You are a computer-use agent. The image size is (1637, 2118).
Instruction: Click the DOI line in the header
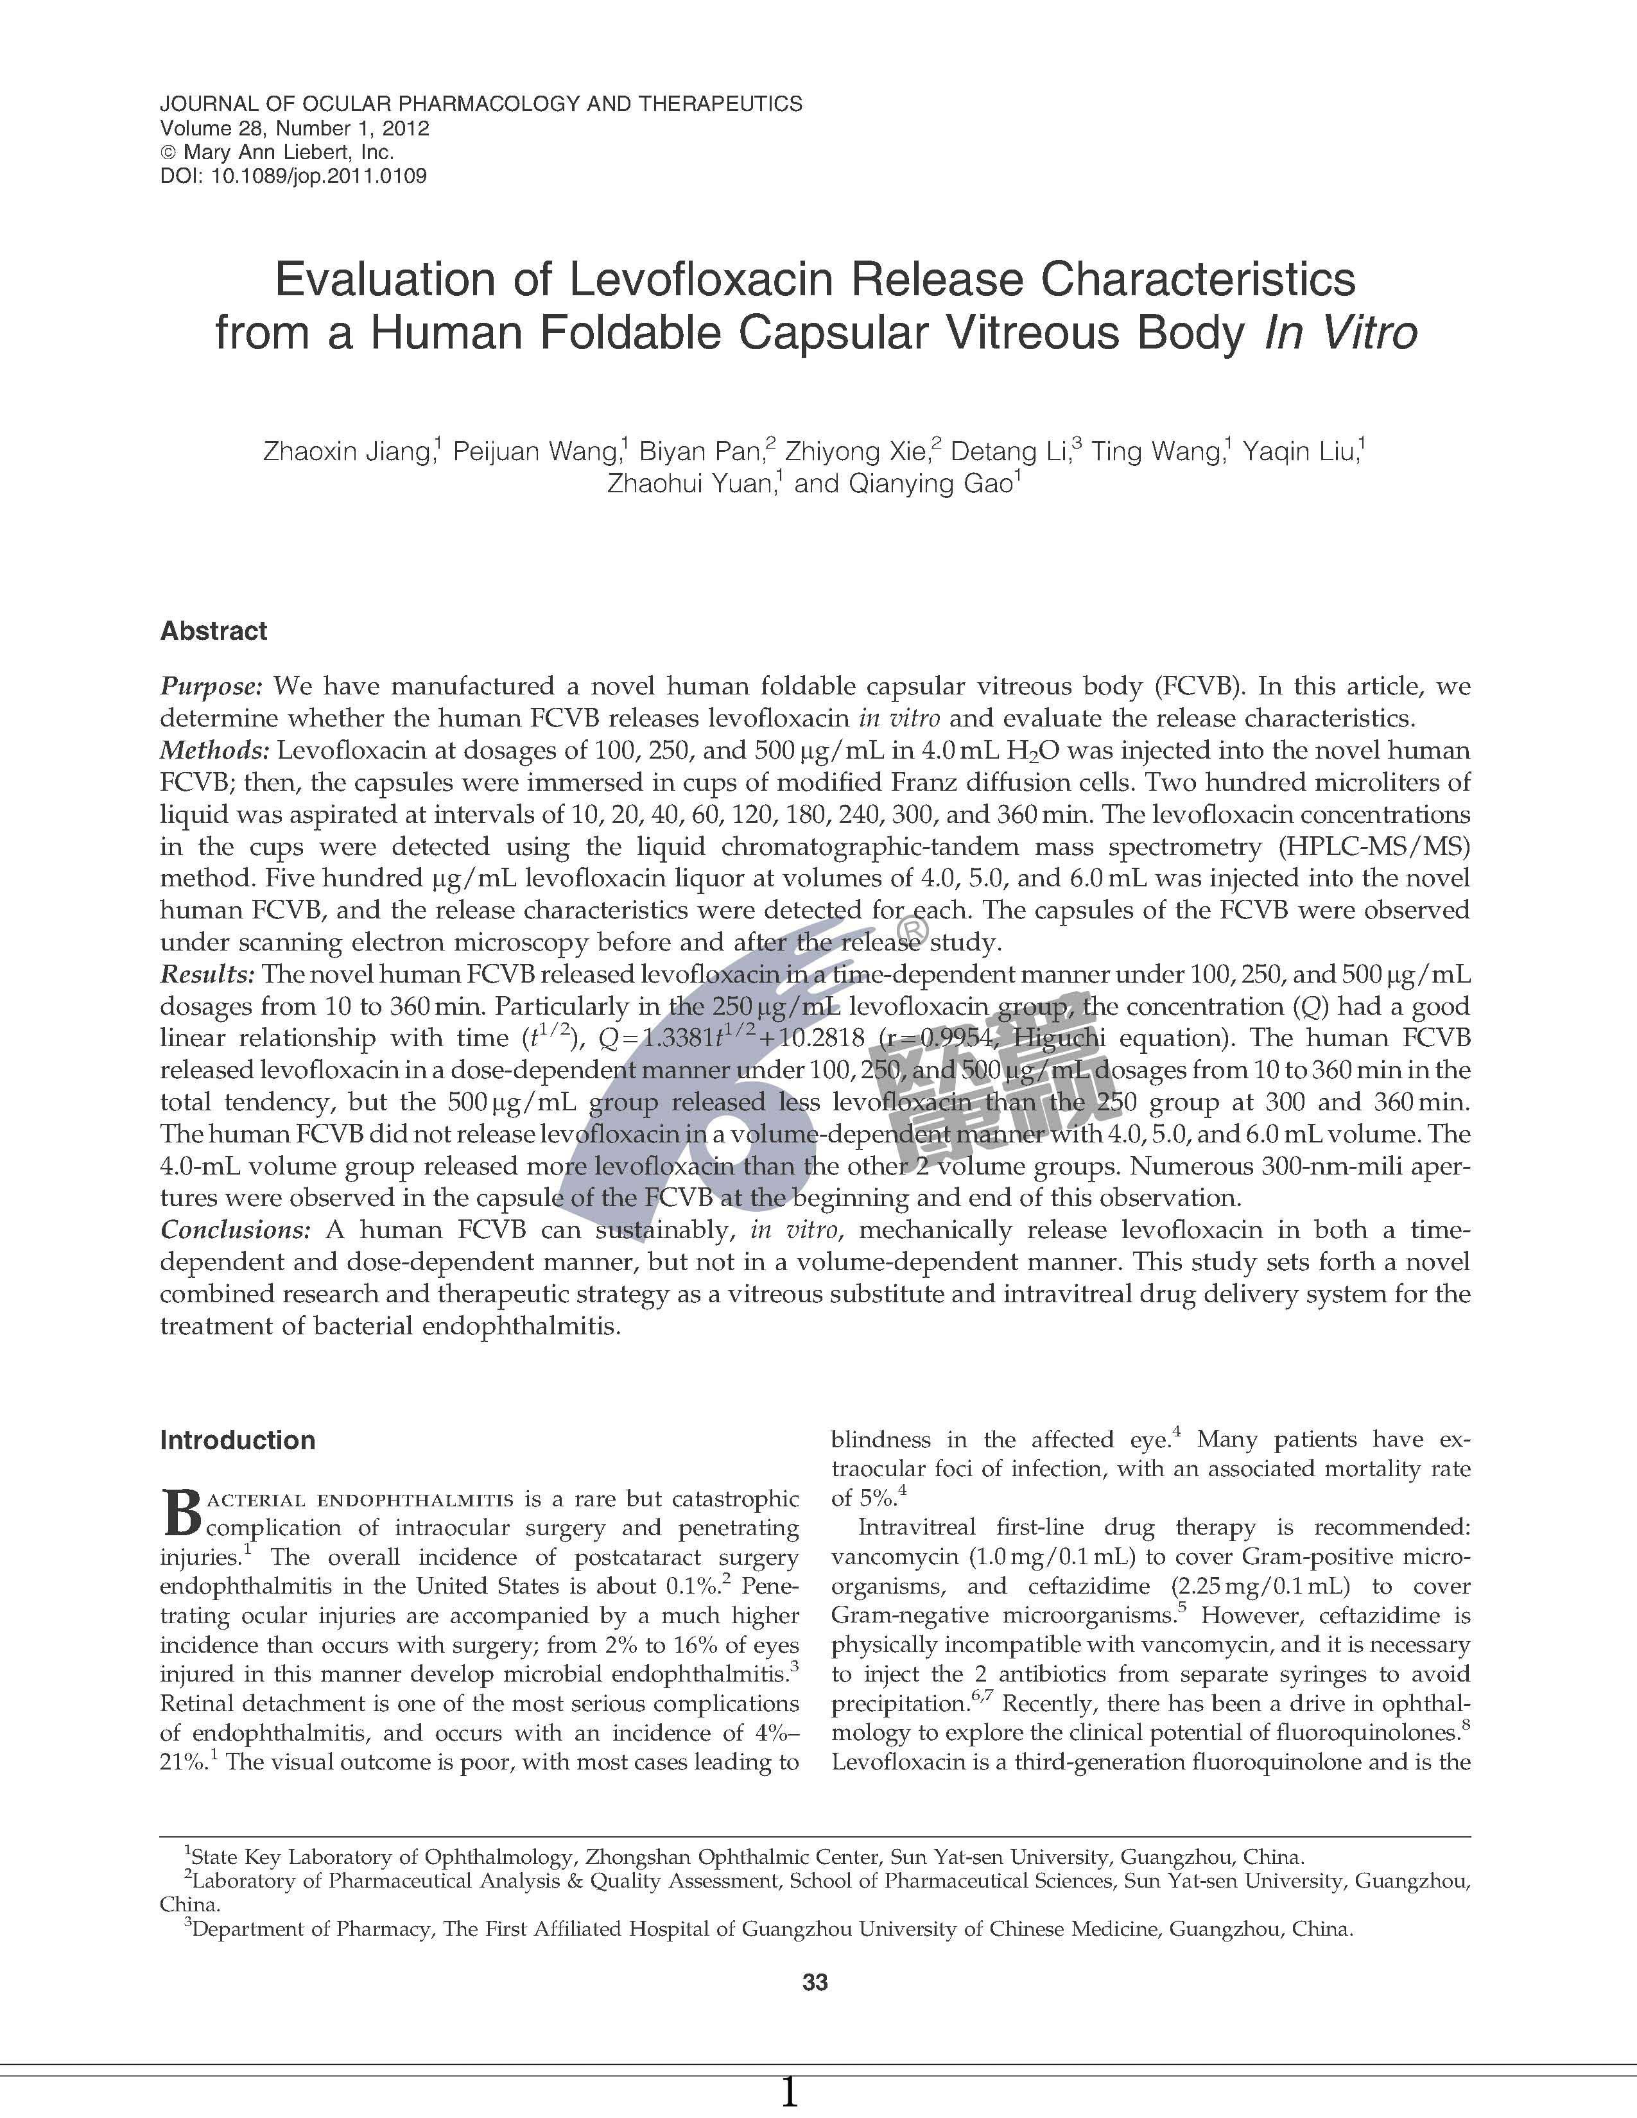(293, 176)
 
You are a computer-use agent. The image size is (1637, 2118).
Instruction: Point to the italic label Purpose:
(211, 687)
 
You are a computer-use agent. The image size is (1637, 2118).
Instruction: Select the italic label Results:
(207, 974)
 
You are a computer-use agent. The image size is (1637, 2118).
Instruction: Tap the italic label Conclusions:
(235, 1230)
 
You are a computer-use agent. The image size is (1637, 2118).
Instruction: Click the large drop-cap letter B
(181, 1514)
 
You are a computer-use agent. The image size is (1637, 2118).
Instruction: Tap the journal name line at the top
(481, 104)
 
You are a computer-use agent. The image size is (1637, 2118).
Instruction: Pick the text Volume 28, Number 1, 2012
(294, 128)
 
